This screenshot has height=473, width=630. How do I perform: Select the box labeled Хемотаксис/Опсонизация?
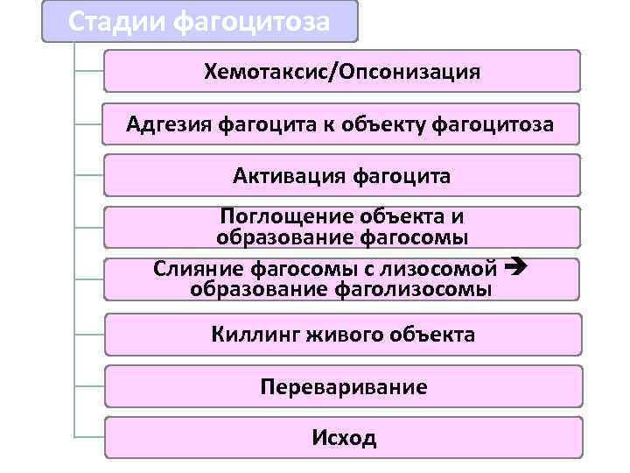click(x=342, y=71)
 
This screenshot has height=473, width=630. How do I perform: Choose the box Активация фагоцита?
click(x=342, y=176)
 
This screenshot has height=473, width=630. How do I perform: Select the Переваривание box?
click(x=342, y=386)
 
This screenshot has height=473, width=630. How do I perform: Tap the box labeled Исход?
click(x=342, y=437)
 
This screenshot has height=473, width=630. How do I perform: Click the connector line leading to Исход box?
click(x=89, y=436)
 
